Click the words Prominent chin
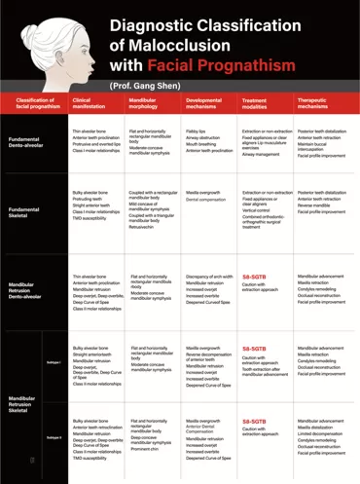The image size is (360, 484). pos(144,449)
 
